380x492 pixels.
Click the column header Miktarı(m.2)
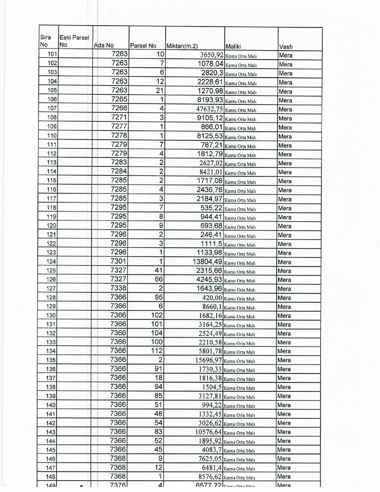click(x=182, y=46)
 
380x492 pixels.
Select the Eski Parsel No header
click(x=74, y=41)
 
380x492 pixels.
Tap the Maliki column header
click(x=233, y=46)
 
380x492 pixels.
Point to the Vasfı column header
click(x=286, y=47)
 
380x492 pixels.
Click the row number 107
click(x=52, y=108)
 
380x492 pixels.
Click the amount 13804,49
click(x=207, y=262)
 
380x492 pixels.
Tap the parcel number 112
click(x=157, y=351)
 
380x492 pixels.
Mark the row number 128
click(x=51, y=297)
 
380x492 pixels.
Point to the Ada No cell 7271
click(x=119, y=117)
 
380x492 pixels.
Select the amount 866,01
click(x=212, y=127)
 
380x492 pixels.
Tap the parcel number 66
click(x=159, y=279)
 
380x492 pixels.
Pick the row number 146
click(x=51, y=459)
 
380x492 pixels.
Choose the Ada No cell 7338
click(x=118, y=288)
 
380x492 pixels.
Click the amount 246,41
click(x=211, y=235)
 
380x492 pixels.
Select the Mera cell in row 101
click(x=286, y=55)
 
